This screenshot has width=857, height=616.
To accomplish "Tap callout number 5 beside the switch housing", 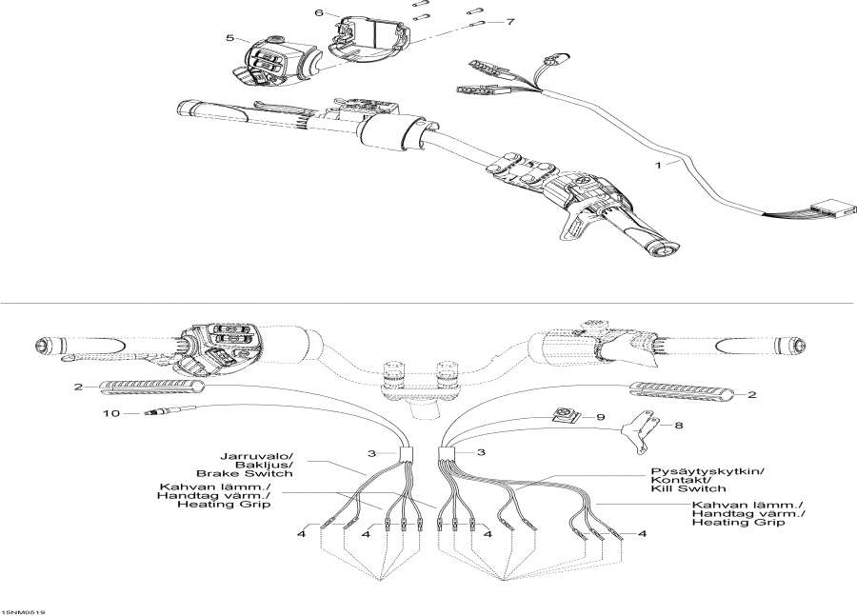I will pos(229,38).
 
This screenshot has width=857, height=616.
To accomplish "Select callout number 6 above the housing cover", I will pos(320,13).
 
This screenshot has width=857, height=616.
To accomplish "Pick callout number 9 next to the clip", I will pos(628,417).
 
